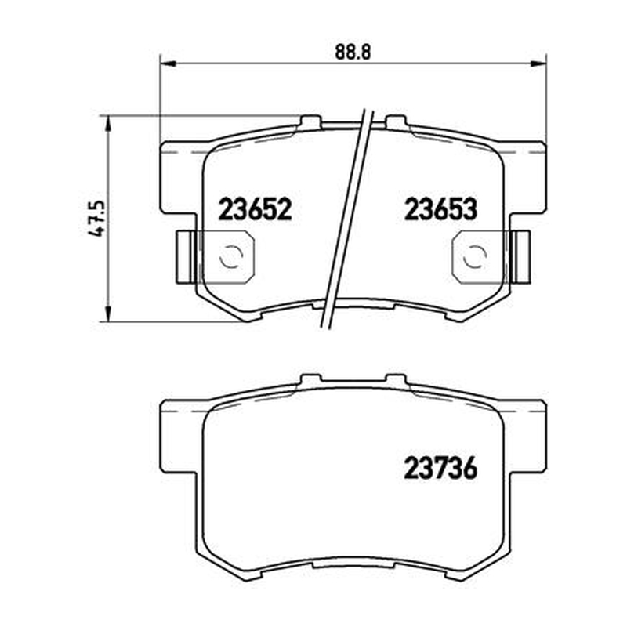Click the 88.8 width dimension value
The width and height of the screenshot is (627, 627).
click(x=353, y=52)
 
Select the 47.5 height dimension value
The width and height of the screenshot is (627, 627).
click(x=96, y=219)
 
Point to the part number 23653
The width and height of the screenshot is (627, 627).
click(x=440, y=209)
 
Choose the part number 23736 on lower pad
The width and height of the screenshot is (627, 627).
click(x=440, y=468)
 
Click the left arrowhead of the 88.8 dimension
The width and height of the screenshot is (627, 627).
click(x=168, y=63)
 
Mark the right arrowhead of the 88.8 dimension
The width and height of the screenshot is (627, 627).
click(x=538, y=63)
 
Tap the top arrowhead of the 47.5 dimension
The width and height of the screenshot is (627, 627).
click(x=107, y=124)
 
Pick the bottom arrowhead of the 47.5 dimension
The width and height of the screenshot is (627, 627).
click(x=107, y=313)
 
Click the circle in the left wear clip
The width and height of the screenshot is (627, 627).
click(x=230, y=256)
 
